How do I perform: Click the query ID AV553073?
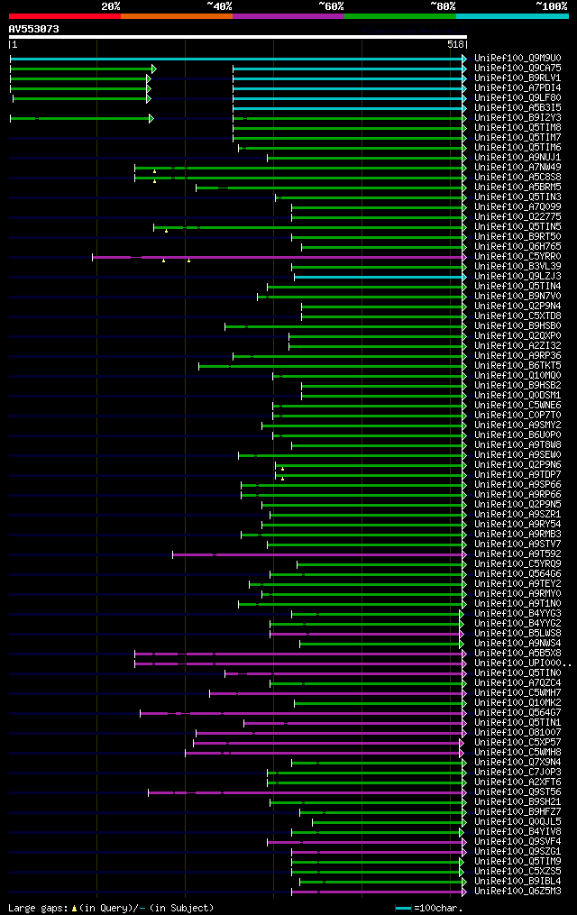tap(33, 29)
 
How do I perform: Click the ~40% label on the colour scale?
tap(219, 5)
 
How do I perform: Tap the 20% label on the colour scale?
tap(110, 5)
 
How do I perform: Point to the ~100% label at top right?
tap(552, 5)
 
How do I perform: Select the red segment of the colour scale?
tap(64, 16)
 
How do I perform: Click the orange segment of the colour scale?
tap(176, 16)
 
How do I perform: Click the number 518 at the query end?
tap(454, 44)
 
